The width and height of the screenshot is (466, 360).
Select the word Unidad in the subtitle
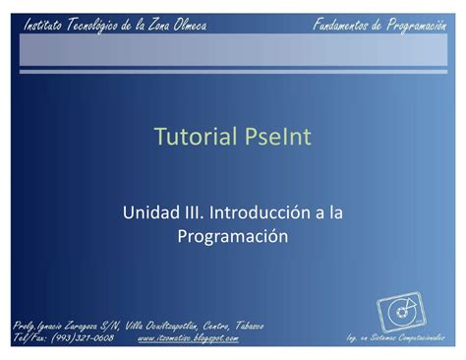coord(148,212)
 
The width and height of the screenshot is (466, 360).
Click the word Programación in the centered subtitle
coord(232,235)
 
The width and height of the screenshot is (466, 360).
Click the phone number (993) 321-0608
coord(83,338)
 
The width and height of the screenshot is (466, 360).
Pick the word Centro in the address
coord(203,326)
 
